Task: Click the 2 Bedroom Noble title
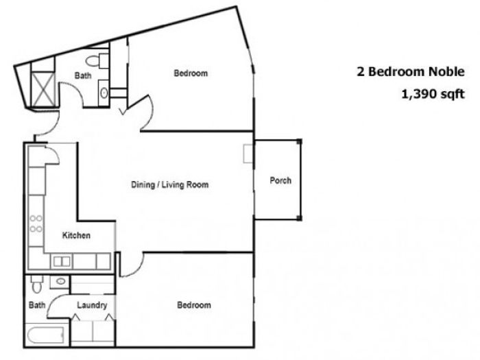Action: tap(411, 71)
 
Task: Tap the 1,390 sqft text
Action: tap(433, 94)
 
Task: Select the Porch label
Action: tap(280, 180)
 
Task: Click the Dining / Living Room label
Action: tap(170, 184)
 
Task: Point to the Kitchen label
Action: tap(76, 235)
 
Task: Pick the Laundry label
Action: tap(92, 305)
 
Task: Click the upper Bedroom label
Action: tap(191, 73)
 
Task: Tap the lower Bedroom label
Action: tap(194, 305)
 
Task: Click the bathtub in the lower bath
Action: tap(46, 335)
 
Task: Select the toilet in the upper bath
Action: tap(97, 60)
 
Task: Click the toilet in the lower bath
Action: tap(37, 284)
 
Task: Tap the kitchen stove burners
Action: tap(36, 224)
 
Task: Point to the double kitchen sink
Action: tap(62, 262)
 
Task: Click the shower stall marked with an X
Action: tap(43, 89)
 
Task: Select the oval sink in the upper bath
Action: tap(104, 93)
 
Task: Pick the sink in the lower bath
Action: tap(60, 281)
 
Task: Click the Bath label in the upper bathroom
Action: tap(83, 75)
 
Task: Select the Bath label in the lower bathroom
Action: tap(37, 305)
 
